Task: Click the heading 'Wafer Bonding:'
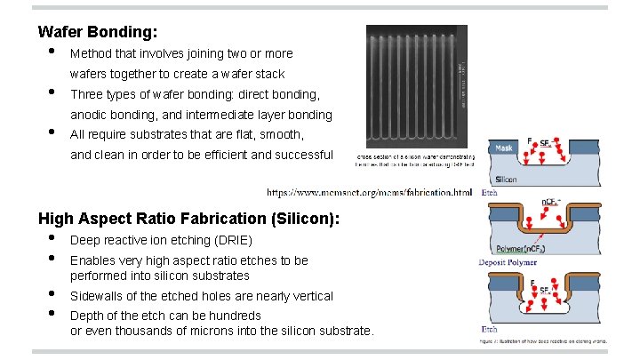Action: (x=98, y=32)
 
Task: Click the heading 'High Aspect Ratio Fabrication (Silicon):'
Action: (x=189, y=218)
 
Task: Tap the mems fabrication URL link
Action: (x=370, y=191)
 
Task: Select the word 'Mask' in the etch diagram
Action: (x=505, y=148)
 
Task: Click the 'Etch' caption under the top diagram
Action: (x=490, y=192)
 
